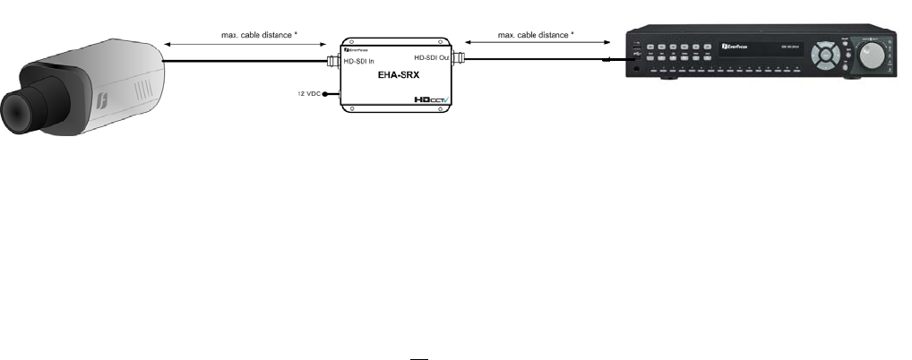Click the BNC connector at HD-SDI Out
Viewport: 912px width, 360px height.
point(457,60)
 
